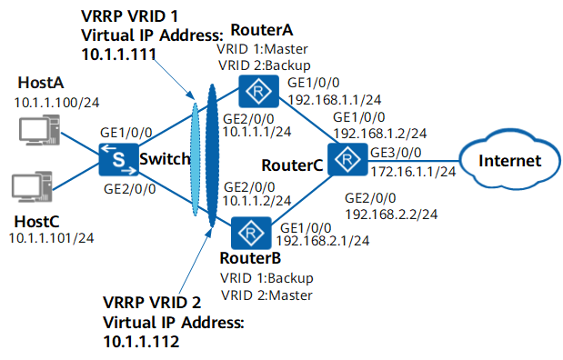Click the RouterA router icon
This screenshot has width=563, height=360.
pos(258,91)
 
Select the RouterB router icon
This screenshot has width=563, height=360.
pos(251,233)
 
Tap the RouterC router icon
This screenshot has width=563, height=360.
pos(347,159)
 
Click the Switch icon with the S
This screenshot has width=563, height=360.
pos(119,159)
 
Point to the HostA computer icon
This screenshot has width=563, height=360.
pos(39,130)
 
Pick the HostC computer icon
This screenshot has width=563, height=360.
pos(32,186)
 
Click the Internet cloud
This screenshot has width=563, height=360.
pos(510,160)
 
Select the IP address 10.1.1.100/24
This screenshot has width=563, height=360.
pos(56,103)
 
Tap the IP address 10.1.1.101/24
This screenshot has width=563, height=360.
pos(51,238)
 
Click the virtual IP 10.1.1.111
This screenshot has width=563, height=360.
pos(119,55)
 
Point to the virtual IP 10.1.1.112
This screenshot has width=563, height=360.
pos(141,341)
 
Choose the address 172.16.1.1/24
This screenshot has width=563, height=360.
pos(413,172)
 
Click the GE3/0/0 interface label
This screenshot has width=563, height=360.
pos(396,153)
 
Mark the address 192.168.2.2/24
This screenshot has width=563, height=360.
pos(391,215)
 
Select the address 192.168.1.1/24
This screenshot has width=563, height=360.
pos(335,99)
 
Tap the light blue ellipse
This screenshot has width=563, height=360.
pos(195,159)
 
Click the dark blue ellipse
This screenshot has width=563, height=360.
pos(212,155)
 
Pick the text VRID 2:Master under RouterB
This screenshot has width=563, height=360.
pos(266,295)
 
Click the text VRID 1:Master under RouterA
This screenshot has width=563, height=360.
pos(263,49)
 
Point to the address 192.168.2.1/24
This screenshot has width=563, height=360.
pos(323,241)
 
